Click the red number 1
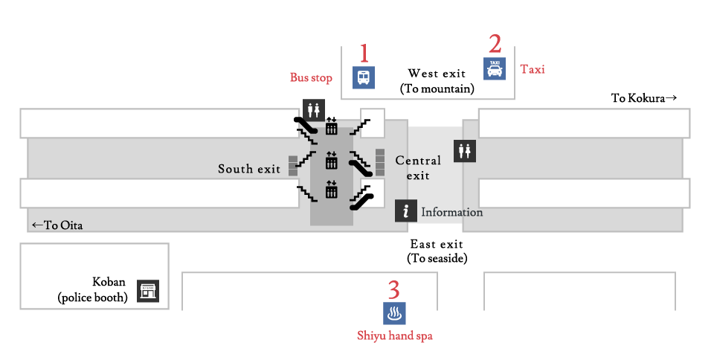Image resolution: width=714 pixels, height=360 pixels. coord(364,54)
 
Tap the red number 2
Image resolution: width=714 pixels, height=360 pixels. coord(495,45)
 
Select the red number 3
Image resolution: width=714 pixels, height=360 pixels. coord(394,289)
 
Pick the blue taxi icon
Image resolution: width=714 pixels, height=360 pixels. coord(495,69)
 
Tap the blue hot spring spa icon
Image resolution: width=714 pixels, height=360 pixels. coord(394,313)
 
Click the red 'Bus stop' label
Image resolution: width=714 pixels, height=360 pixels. coord(311,77)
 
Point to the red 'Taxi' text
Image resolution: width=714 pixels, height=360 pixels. coord(533,69)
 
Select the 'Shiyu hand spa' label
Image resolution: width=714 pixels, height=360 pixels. coord(394,336)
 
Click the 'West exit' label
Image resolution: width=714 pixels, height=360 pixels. coord(437,74)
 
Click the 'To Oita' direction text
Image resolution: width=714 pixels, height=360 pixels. coord(57,225)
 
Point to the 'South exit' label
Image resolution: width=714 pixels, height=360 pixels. coord(249,170)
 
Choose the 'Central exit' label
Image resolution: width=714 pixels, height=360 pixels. coord(418,167)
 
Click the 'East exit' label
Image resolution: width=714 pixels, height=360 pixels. coord(437,244)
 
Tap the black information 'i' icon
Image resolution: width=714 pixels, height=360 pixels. coord(405,211)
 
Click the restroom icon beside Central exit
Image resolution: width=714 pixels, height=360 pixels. coord(465,151)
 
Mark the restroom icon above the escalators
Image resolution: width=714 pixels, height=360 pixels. coord(313,109)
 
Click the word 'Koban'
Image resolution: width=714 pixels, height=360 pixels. coord(109,283)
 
